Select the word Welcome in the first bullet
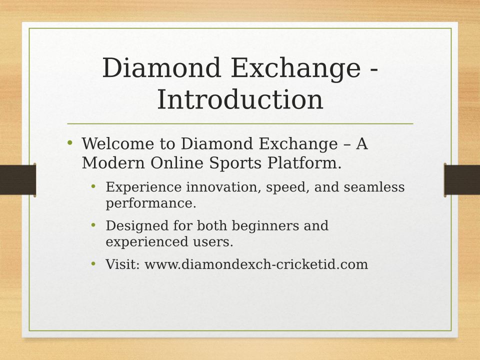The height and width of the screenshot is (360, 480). [118, 143]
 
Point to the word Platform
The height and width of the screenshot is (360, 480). [304, 162]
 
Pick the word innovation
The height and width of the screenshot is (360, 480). [223, 186]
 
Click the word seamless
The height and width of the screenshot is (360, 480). [374, 186]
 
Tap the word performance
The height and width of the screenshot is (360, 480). [151, 204]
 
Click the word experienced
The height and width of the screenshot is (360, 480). [147, 242]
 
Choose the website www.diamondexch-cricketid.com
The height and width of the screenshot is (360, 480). [256, 264]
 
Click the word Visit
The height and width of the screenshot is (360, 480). [122, 264]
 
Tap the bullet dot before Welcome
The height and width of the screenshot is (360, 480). [70, 142]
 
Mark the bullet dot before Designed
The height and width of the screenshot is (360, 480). [93, 225]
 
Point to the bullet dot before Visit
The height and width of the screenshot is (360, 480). [93, 263]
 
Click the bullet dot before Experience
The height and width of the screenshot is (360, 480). [93, 186]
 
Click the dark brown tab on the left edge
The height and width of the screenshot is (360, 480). [18, 179]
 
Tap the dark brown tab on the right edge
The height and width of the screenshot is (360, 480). [462, 179]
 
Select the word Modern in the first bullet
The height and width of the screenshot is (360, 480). [113, 162]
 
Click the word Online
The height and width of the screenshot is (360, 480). [177, 162]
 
